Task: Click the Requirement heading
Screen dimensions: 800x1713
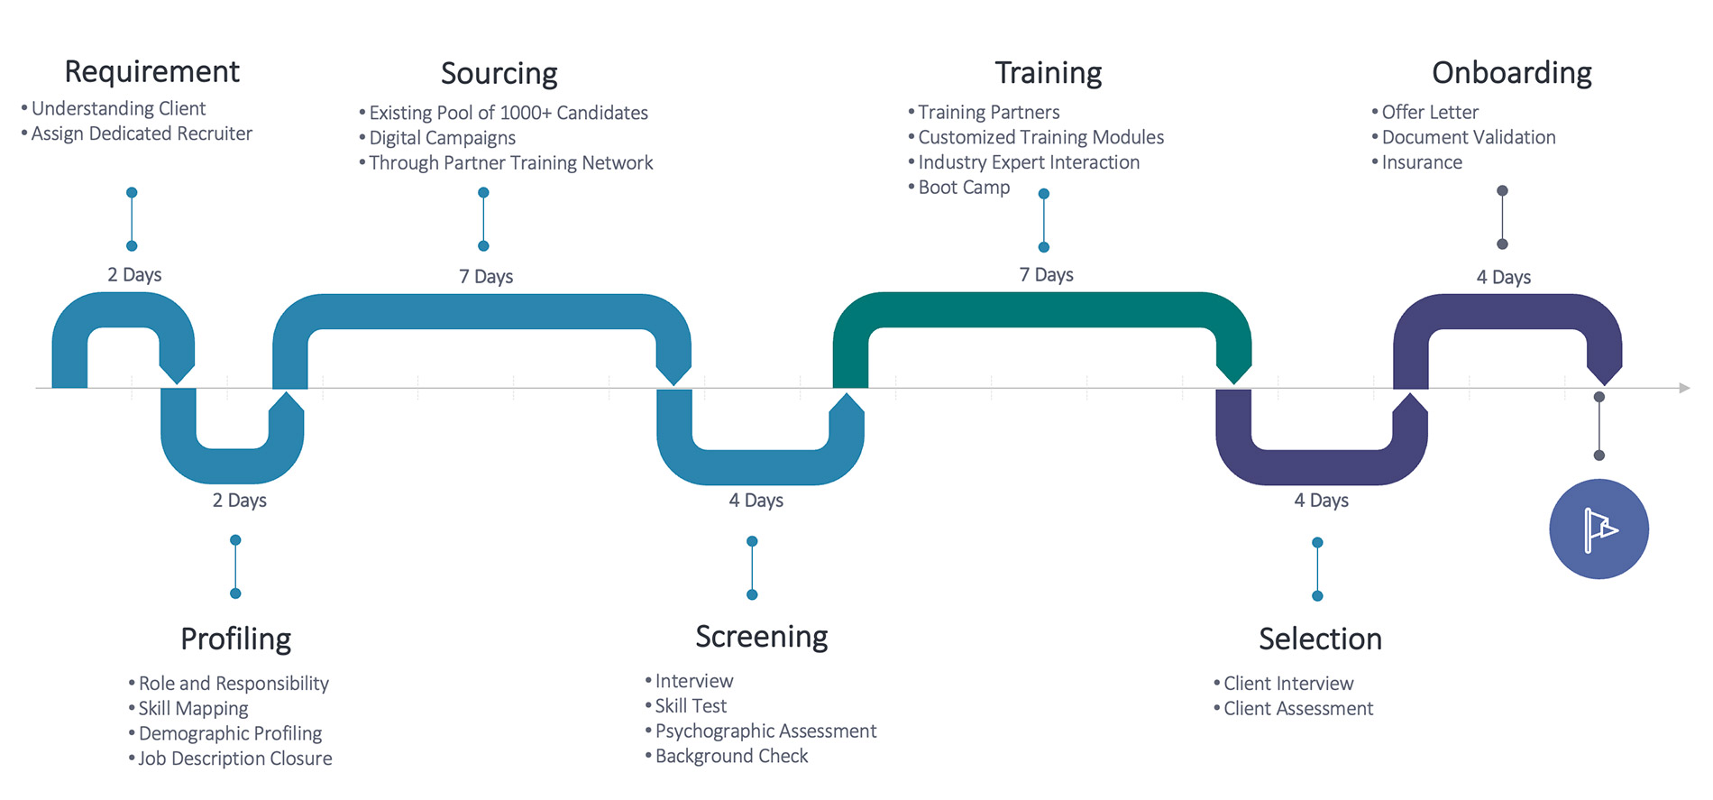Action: click(x=151, y=71)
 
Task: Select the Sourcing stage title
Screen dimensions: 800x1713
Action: click(x=499, y=73)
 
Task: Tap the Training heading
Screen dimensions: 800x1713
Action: click(x=1048, y=72)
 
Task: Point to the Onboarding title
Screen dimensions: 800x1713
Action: click(x=1511, y=72)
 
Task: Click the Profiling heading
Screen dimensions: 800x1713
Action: click(x=235, y=639)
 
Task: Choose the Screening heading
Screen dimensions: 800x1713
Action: click(x=761, y=637)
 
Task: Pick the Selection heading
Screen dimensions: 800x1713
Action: click(x=1320, y=639)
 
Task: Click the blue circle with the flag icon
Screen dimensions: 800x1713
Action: click(x=1598, y=529)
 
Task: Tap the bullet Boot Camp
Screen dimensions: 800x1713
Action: click(x=963, y=188)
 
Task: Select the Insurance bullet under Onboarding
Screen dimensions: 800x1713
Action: click(x=1421, y=162)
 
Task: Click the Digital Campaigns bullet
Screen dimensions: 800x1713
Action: click(x=442, y=138)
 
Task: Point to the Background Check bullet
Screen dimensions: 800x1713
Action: click(x=731, y=756)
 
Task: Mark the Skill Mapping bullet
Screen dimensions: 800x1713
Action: click(x=193, y=709)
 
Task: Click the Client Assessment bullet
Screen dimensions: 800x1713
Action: click(x=1297, y=709)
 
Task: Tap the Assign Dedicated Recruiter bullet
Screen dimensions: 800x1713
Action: click(x=142, y=133)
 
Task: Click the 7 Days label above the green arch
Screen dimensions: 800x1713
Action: click(x=1046, y=275)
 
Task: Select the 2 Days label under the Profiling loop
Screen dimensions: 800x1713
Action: click(x=239, y=501)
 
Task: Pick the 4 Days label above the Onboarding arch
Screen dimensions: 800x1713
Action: click(x=1503, y=278)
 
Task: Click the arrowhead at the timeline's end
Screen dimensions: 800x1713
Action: click(x=1683, y=388)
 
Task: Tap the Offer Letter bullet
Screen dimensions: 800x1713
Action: click(x=1429, y=113)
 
